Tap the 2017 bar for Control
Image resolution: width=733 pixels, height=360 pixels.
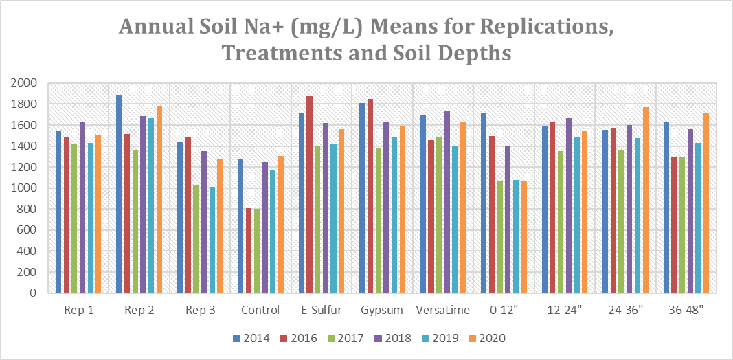tap(257, 251)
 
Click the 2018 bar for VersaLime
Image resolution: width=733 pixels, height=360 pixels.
tap(448, 202)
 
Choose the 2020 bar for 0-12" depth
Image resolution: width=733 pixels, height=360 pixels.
tap(525, 237)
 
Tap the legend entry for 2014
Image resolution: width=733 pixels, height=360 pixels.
tap(245, 339)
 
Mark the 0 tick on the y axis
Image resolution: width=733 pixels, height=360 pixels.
tap(33, 293)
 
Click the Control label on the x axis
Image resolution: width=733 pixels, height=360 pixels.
tap(260, 311)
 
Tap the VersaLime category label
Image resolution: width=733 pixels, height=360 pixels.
tap(443, 311)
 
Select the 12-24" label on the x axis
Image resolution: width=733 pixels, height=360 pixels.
tap(565, 311)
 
